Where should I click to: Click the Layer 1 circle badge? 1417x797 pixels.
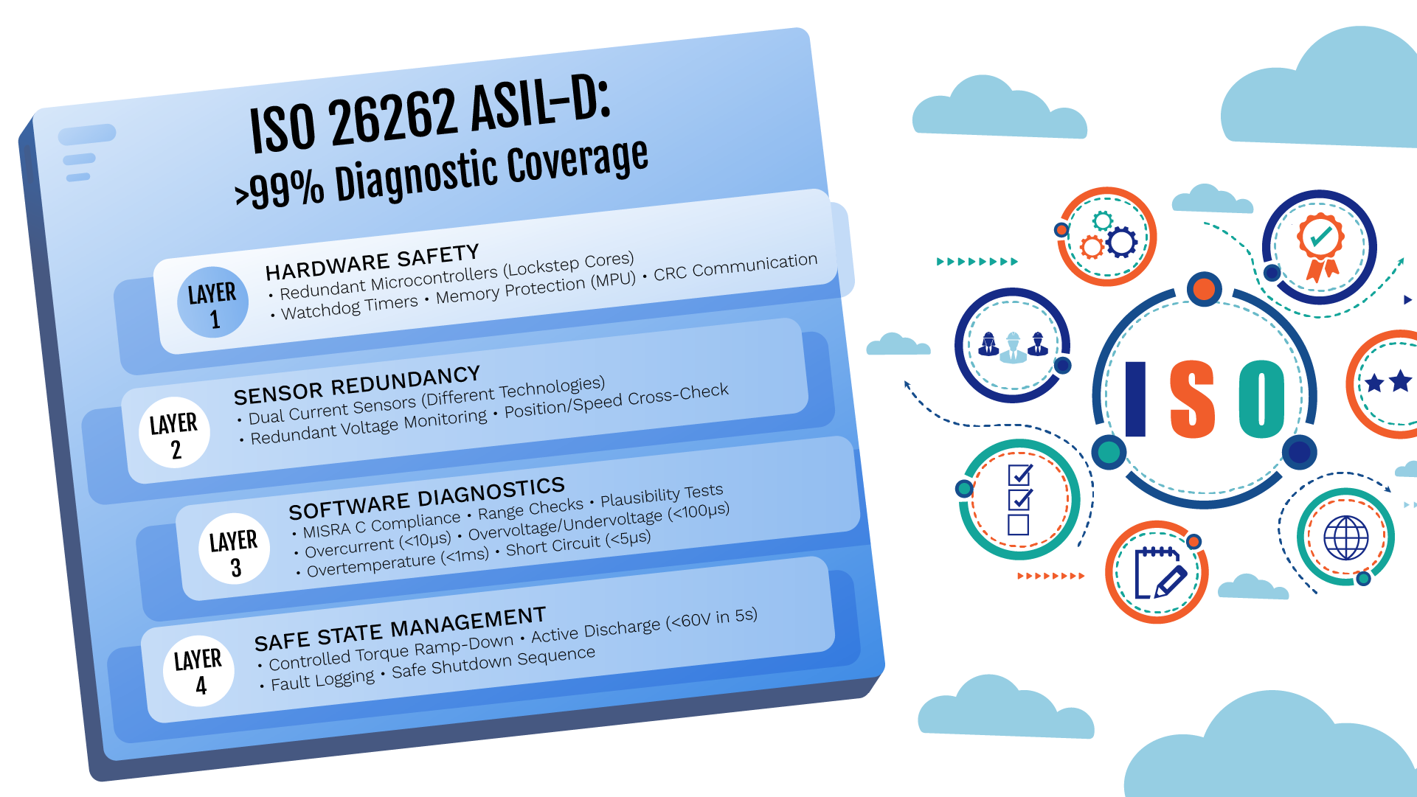click(213, 302)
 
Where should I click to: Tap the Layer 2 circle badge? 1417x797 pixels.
click(175, 433)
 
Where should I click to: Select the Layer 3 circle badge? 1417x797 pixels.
click(235, 549)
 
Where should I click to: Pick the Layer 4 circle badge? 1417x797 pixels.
click(199, 671)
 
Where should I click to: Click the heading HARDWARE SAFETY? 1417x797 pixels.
click(373, 262)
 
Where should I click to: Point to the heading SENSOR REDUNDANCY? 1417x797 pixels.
click(357, 386)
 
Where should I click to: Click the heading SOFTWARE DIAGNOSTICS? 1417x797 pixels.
click(427, 499)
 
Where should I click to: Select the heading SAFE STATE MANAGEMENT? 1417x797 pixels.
click(401, 630)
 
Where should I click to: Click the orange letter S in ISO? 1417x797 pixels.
click(1192, 399)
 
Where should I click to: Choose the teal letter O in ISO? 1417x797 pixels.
click(1261, 399)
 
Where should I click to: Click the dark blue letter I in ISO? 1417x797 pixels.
click(1135, 399)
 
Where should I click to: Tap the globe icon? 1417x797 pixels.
click(1346, 537)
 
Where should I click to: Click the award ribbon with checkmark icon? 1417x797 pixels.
click(1320, 246)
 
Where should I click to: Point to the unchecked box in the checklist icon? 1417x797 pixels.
click(1018, 524)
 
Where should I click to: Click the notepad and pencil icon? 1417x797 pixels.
click(1159, 573)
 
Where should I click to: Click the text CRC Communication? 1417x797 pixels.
click(735, 267)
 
